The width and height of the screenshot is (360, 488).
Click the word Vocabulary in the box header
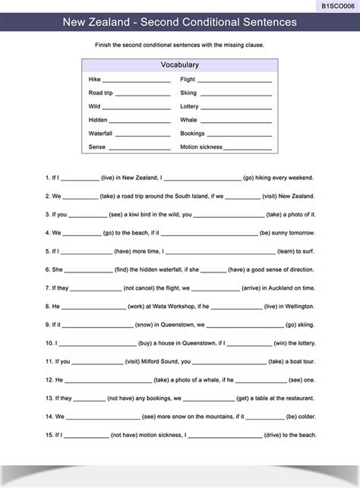coord(180,65)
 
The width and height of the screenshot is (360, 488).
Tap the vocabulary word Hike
coord(94,80)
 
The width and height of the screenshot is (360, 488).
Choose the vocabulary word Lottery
coord(189,107)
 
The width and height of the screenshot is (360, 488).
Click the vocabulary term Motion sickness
coord(200,147)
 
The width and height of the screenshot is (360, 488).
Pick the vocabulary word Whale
coord(188,120)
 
